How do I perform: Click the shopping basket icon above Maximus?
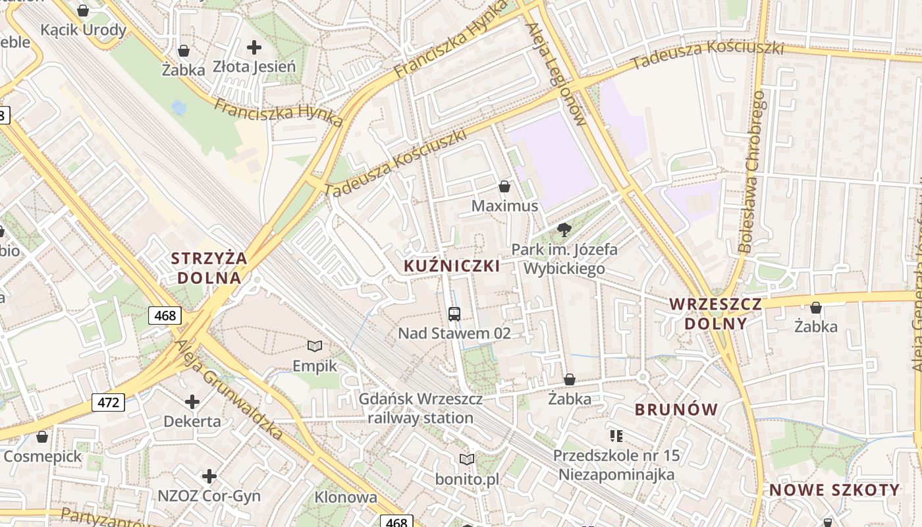(504, 186)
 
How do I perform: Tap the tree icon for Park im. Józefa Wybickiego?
(564, 230)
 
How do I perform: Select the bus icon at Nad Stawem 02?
(454, 314)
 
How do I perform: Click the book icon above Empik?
(315, 346)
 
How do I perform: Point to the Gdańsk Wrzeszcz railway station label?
(420, 408)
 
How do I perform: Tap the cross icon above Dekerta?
(192, 401)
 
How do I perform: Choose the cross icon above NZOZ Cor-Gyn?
(209, 476)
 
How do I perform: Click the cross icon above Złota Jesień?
(254, 47)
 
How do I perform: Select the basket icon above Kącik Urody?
(83, 11)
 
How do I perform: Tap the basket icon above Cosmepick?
(42, 437)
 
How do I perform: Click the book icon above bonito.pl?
(467, 459)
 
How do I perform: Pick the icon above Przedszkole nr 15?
(616, 435)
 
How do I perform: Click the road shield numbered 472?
(108, 402)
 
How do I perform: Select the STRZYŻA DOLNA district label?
(209, 267)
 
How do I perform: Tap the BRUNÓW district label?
(676, 409)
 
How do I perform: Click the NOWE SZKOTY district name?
(834, 489)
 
